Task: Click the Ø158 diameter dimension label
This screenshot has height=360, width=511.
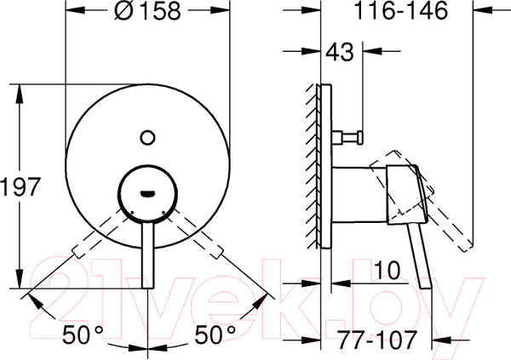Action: (x=147, y=11)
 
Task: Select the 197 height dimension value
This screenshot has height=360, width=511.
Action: (x=20, y=187)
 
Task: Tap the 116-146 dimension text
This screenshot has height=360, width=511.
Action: (x=401, y=11)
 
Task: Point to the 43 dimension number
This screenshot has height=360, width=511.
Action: (x=340, y=52)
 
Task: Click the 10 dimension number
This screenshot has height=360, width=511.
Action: (x=387, y=271)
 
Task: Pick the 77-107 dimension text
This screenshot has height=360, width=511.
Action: (x=376, y=340)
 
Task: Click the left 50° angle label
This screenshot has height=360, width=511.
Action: (x=83, y=334)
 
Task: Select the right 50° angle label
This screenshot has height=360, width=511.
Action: (x=215, y=334)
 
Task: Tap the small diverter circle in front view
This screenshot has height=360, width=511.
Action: (x=147, y=138)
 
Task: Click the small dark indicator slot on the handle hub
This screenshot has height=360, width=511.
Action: (x=147, y=194)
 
